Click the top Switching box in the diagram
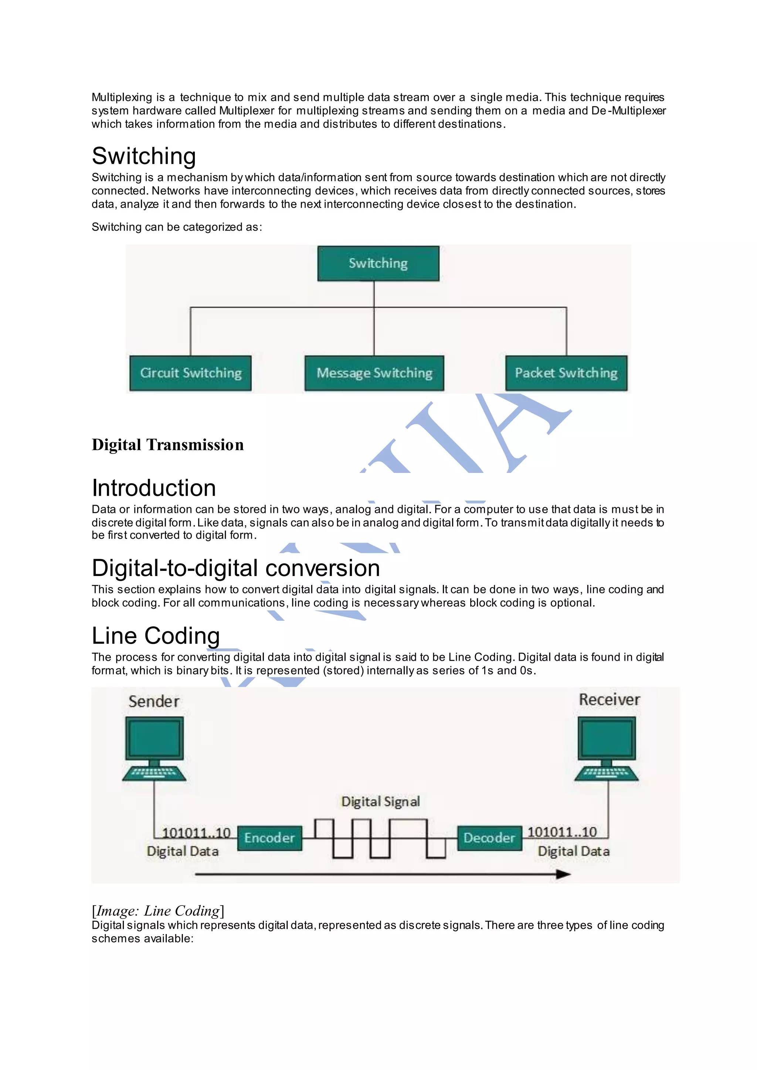click(378, 263)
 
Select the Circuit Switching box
click(190, 373)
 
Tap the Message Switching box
click(374, 373)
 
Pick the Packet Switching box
click(566, 373)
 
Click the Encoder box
click(269, 838)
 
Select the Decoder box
click(489, 838)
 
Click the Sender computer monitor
click(154, 739)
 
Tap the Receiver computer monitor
click(607, 739)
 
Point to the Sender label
click(154, 701)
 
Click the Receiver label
click(609, 699)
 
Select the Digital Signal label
click(380, 801)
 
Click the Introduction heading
click(154, 488)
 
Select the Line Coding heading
click(156, 635)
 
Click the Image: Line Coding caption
click(158, 910)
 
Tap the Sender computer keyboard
click(154, 773)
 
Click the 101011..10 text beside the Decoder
click(562, 832)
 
